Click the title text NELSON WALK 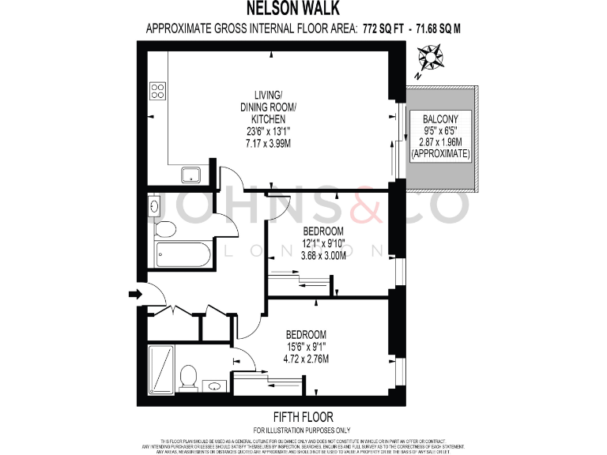pos(303,9)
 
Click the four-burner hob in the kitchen pos(158,90)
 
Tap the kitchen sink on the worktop pos(190,174)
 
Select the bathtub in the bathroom pos(183,254)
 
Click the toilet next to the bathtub pos(165,229)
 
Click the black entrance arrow pos(134,295)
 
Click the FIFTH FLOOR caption pos(303,416)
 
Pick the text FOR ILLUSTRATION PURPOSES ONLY pos(303,429)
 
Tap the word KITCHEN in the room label pos(268,119)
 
